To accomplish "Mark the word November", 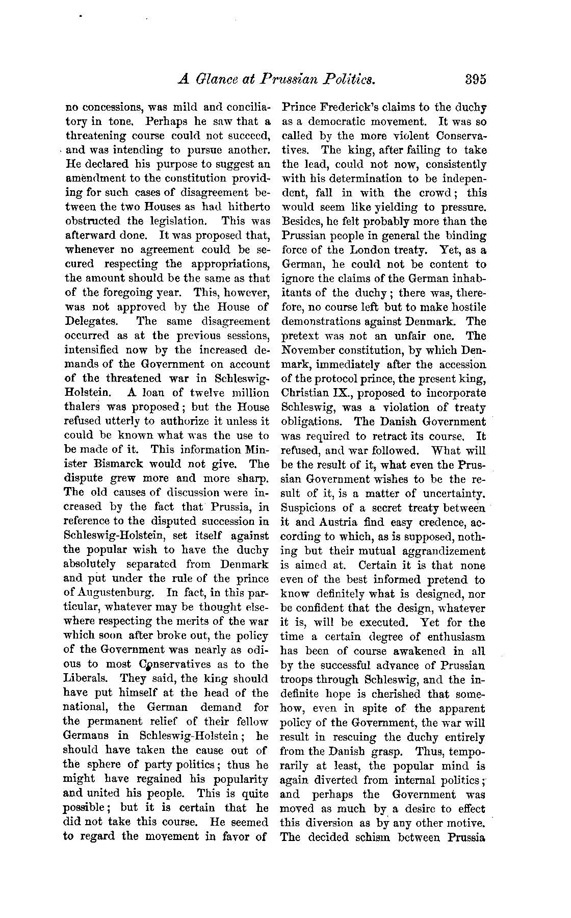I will [x=310, y=350].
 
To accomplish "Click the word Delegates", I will [x=92, y=322].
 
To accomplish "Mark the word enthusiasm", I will [x=453, y=636].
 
